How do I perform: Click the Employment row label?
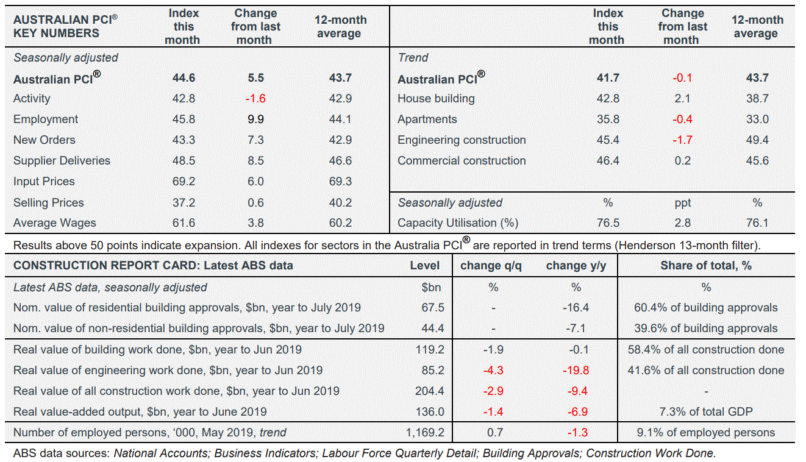point(46,119)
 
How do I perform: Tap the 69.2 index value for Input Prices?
point(184,182)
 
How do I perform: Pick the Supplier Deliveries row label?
point(62,161)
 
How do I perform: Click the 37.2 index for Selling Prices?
point(184,202)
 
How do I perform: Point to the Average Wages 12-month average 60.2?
point(340,223)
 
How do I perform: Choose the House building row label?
point(436,99)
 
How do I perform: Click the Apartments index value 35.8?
point(608,119)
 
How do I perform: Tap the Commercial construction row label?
point(462,161)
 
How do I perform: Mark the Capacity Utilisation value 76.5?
point(608,223)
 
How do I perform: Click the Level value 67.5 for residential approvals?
point(433,308)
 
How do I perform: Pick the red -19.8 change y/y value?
point(576,370)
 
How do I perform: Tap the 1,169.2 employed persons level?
point(425,433)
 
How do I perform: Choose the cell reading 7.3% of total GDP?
point(706,411)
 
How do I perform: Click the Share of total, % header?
point(706,265)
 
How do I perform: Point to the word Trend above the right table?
point(413,58)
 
